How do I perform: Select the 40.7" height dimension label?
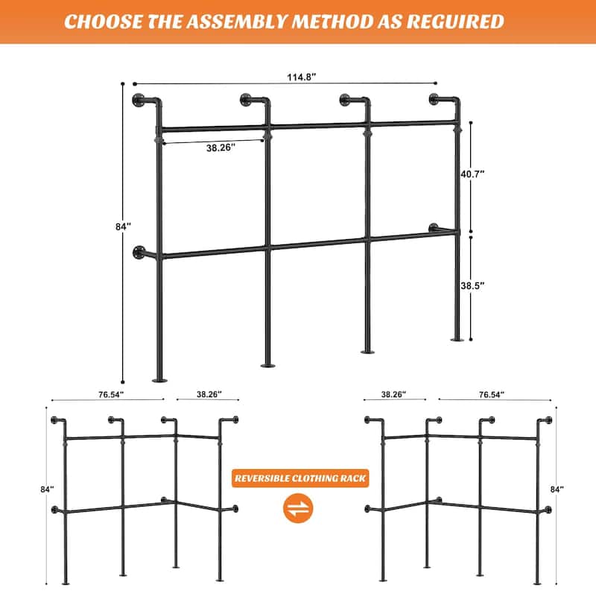(472, 174)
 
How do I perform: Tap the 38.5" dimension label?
(472, 285)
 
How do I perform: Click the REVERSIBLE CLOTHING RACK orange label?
(299, 478)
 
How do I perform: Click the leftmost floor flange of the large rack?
(159, 379)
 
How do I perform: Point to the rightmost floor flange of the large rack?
(457, 339)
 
